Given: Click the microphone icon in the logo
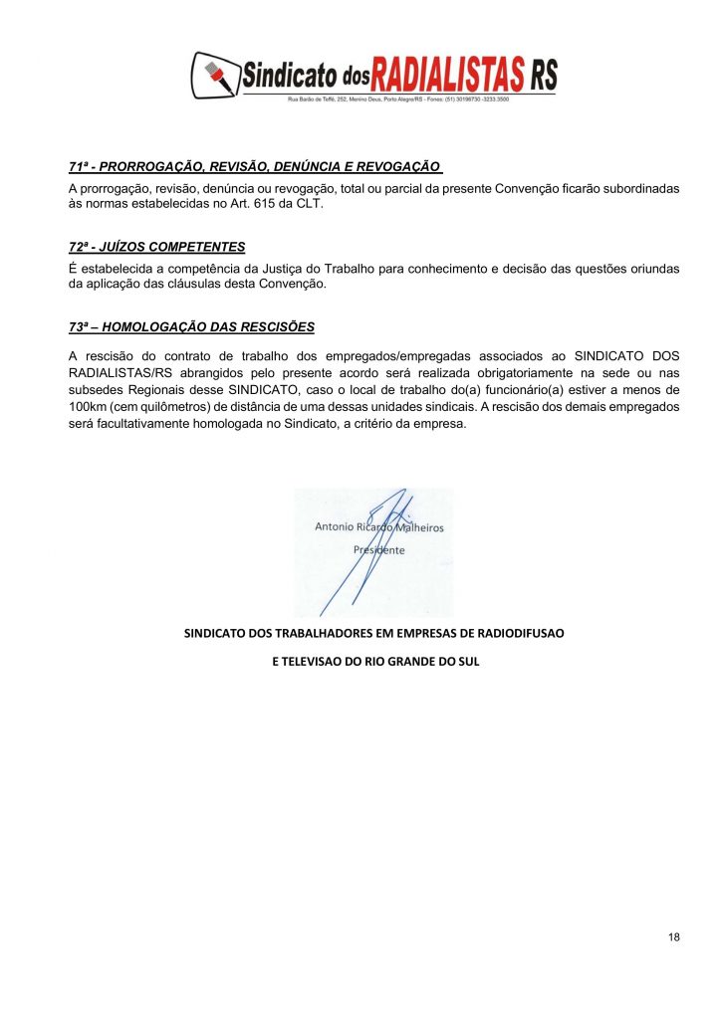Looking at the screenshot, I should [215, 76].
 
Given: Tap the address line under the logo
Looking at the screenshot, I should [398, 101].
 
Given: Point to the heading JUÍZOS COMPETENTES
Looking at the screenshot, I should [157, 247].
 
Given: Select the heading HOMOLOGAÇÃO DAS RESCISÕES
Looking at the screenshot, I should [192, 327].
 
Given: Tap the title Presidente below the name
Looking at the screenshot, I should [379, 549].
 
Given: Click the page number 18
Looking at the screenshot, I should [674, 937].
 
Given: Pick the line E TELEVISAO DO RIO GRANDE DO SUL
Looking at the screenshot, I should [375, 661].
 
